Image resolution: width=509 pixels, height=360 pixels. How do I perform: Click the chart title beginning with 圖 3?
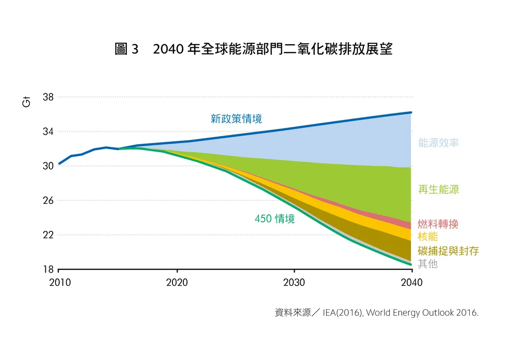click(254, 49)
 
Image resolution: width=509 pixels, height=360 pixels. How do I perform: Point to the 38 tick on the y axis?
click(48, 97)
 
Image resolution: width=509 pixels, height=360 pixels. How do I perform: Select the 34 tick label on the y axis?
click(48, 132)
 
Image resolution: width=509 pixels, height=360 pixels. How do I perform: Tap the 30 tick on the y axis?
click(48, 166)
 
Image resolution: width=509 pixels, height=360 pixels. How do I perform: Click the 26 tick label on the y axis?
click(48, 200)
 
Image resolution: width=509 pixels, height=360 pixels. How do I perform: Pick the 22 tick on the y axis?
click(48, 235)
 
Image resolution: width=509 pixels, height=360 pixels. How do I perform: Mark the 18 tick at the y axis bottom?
click(48, 270)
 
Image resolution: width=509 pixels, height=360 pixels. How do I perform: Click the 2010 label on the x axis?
click(60, 283)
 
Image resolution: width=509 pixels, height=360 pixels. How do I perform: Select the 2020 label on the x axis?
click(177, 283)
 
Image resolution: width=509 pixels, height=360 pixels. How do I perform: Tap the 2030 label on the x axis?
click(294, 283)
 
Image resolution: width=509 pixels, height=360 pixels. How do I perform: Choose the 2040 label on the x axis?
click(412, 283)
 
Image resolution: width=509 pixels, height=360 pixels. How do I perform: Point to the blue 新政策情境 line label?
click(236, 119)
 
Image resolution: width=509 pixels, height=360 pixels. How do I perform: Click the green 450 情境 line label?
click(274, 219)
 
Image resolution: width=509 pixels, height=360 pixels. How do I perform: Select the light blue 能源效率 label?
click(438, 143)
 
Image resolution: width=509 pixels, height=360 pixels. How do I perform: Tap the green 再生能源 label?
click(438, 189)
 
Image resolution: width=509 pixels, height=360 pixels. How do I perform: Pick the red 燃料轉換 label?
click(438, 224)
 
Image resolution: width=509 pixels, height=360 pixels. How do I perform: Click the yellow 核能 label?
click(428, 236)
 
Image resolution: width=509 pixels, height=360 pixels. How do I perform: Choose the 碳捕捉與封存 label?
click(448, 251)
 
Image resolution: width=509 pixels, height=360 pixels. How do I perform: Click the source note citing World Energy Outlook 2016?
click(376, 313)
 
